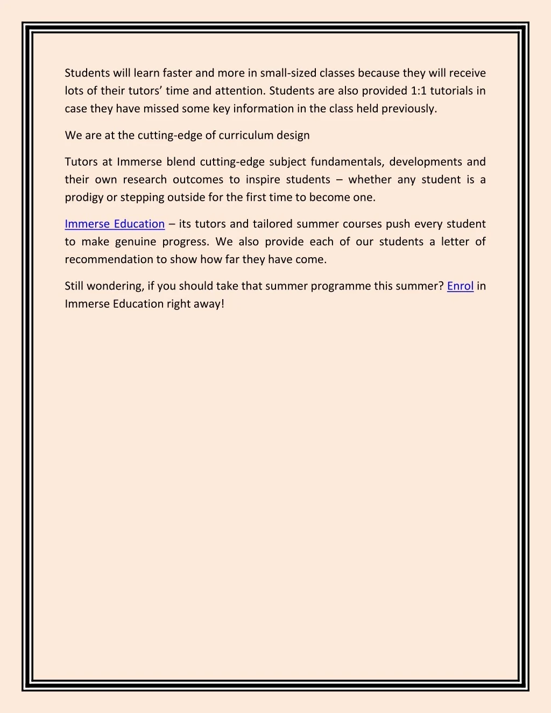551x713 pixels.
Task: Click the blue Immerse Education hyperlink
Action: [115, 224]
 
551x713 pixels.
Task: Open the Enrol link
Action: [460, 286]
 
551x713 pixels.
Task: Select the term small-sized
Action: [288, 73]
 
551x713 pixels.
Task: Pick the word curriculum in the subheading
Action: [246, 135]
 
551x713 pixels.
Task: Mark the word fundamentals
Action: [347, 161]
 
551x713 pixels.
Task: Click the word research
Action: [145, 179]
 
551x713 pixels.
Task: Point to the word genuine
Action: [136, 242]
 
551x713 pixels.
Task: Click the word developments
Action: [426, 161]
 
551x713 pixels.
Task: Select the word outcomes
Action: [198, 179]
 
